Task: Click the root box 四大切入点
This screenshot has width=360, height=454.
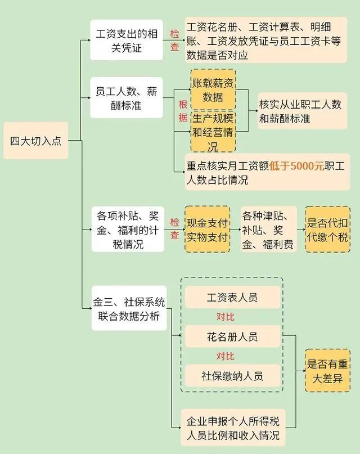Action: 36,141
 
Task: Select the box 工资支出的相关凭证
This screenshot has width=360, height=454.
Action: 127,40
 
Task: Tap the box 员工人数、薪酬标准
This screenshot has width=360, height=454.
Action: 127,97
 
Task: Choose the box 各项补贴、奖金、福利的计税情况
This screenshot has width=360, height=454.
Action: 128,229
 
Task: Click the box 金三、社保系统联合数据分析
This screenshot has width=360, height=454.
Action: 129,308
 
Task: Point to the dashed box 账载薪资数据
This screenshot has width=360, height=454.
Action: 213,90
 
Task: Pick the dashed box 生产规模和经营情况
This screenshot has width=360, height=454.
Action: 213,132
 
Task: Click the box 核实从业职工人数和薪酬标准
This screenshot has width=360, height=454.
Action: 302,111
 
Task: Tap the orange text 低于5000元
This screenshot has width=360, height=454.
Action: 296,166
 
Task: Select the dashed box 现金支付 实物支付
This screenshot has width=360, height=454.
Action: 207,230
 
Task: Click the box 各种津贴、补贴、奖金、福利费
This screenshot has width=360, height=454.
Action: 268,230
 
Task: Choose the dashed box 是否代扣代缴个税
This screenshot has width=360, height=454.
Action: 327,230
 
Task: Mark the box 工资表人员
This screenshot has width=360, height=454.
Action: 232,297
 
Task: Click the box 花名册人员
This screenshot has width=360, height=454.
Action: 232,336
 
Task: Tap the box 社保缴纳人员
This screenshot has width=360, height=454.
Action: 232,376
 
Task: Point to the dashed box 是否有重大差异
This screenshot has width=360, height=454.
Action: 327,371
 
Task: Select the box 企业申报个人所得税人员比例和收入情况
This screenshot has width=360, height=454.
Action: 233,428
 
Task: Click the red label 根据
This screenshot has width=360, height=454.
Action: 183,111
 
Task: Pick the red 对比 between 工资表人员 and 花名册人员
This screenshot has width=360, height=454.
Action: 226,317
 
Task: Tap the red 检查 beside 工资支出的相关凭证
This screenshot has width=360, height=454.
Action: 174,40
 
